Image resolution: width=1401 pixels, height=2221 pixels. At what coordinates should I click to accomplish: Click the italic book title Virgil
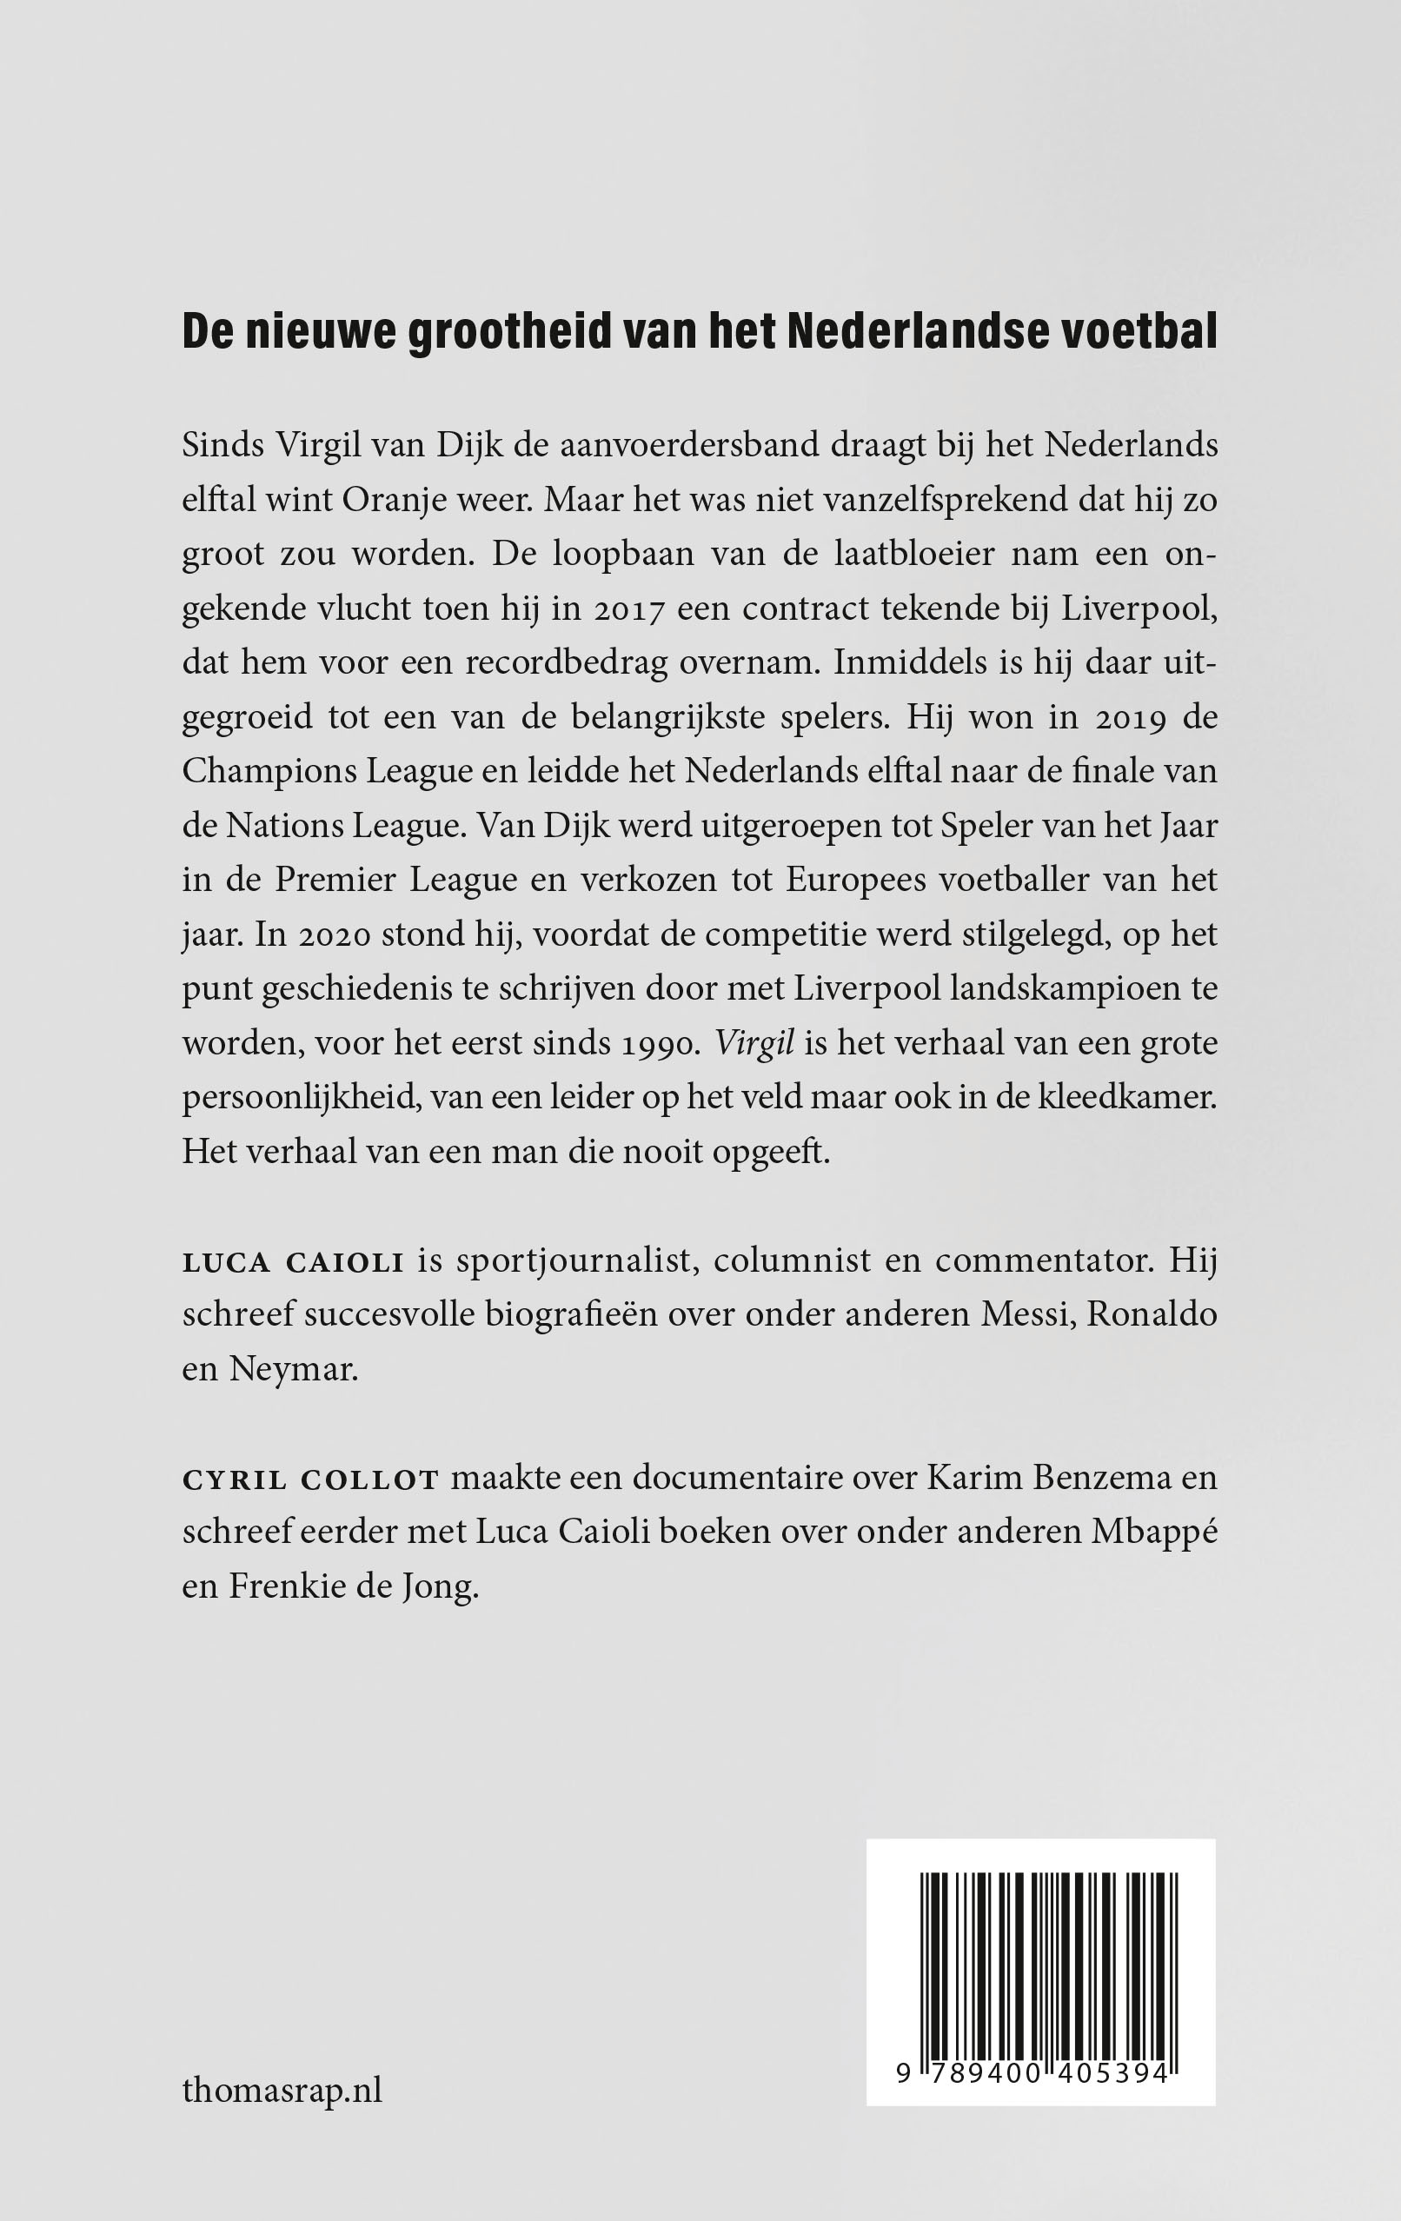(754, 1044)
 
